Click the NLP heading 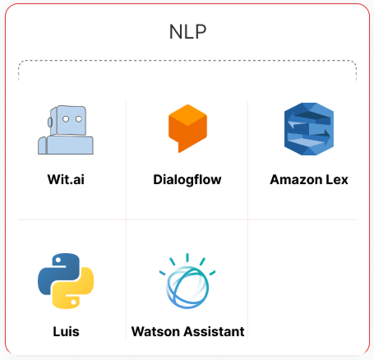[x=187, y=32]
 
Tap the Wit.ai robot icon [x=66, y=130]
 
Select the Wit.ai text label [x=66, y=179]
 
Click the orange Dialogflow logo [x=187, y=128]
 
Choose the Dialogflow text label [x=187, y=180]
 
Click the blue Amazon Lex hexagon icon [x=309, y=129]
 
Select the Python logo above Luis [x=66, y=281]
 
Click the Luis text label [x=66, y=331]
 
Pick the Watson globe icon [x=187, y=281]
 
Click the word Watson [x=156, y=331]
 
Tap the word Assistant [x=215, y=331]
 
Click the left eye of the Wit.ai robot [x=66, y=119]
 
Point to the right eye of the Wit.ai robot [x=79, y=119]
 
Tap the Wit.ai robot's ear [x=50, y=122]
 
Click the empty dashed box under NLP [x=187, y=72]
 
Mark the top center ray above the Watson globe [x=187, y=257]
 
